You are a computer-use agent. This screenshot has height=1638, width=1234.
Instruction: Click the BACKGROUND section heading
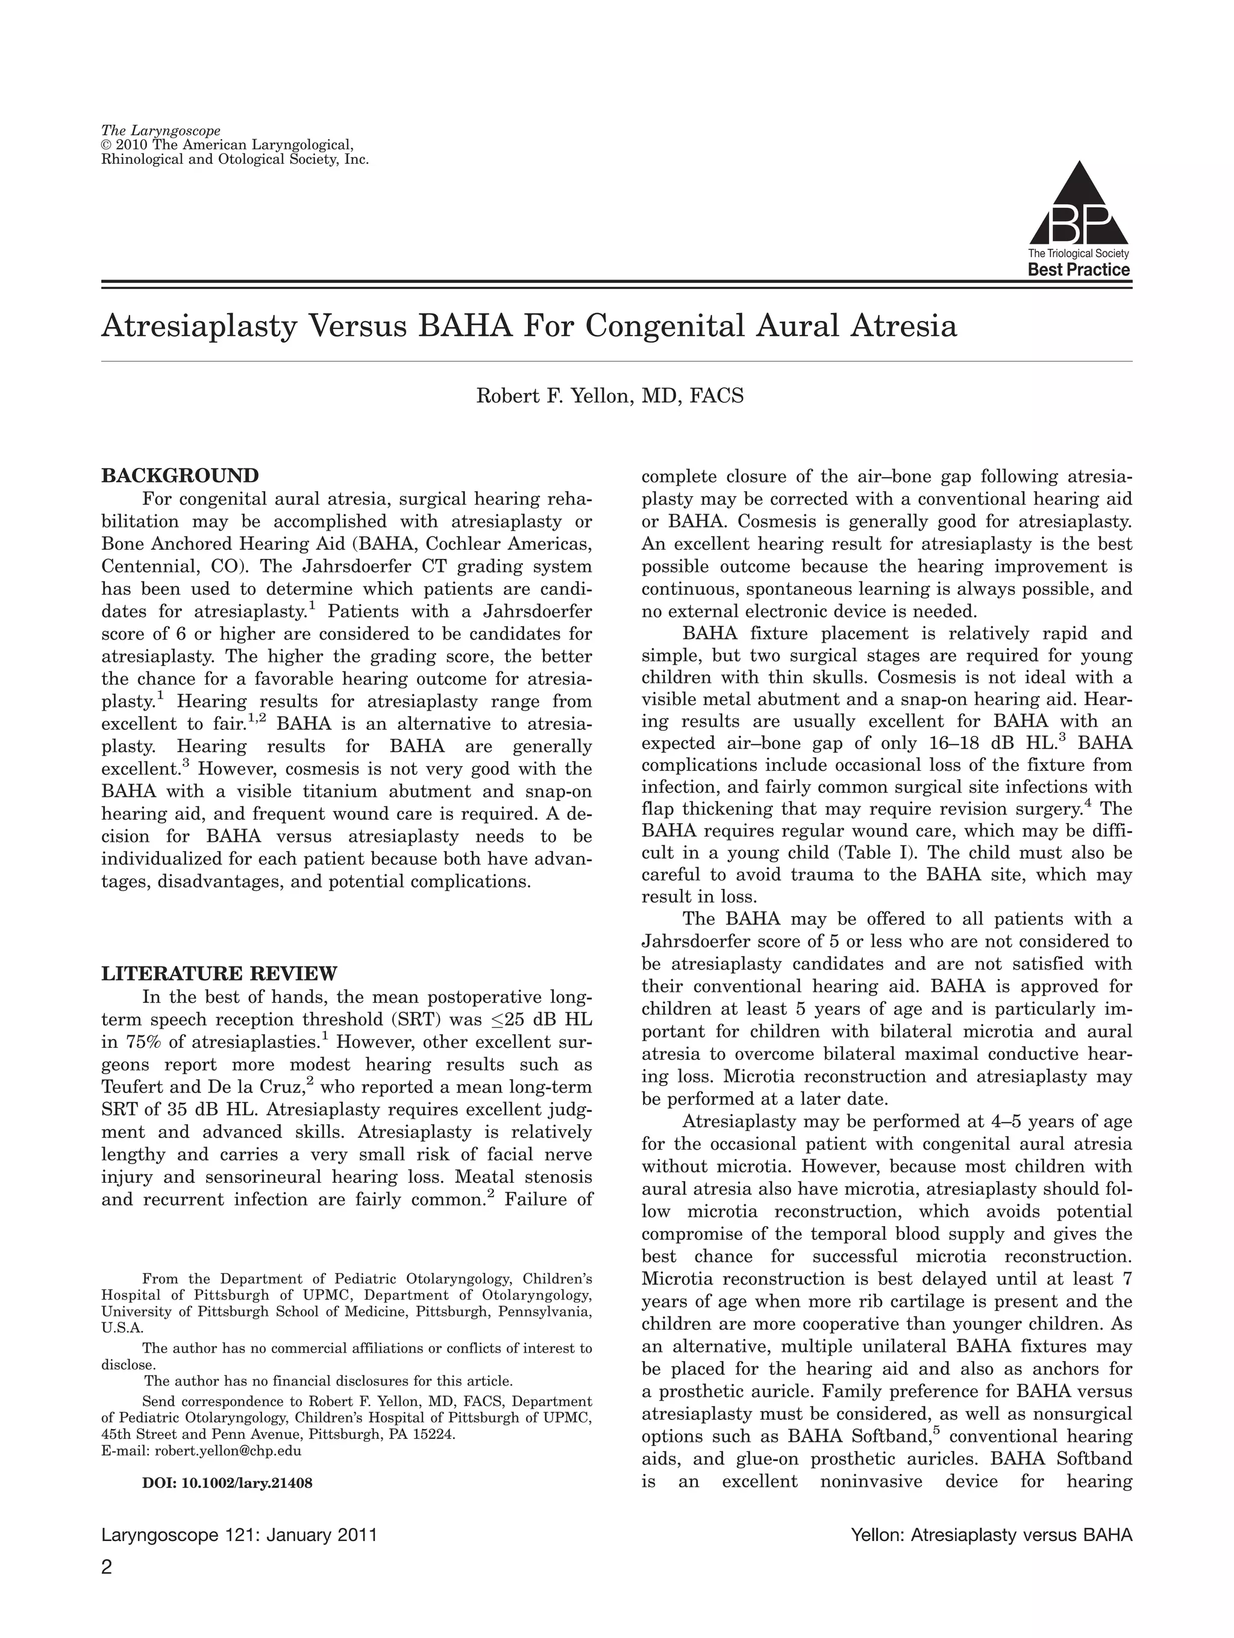(x=180, y=475)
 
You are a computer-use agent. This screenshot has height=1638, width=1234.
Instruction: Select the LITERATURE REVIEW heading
(x=219, y=973)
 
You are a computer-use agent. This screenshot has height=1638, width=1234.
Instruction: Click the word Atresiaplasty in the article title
(x=198, y=326)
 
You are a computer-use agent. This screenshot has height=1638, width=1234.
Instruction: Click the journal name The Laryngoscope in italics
(x=161, y=132)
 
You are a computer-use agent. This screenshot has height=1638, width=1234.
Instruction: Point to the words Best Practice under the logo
(x=1079, y=270)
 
